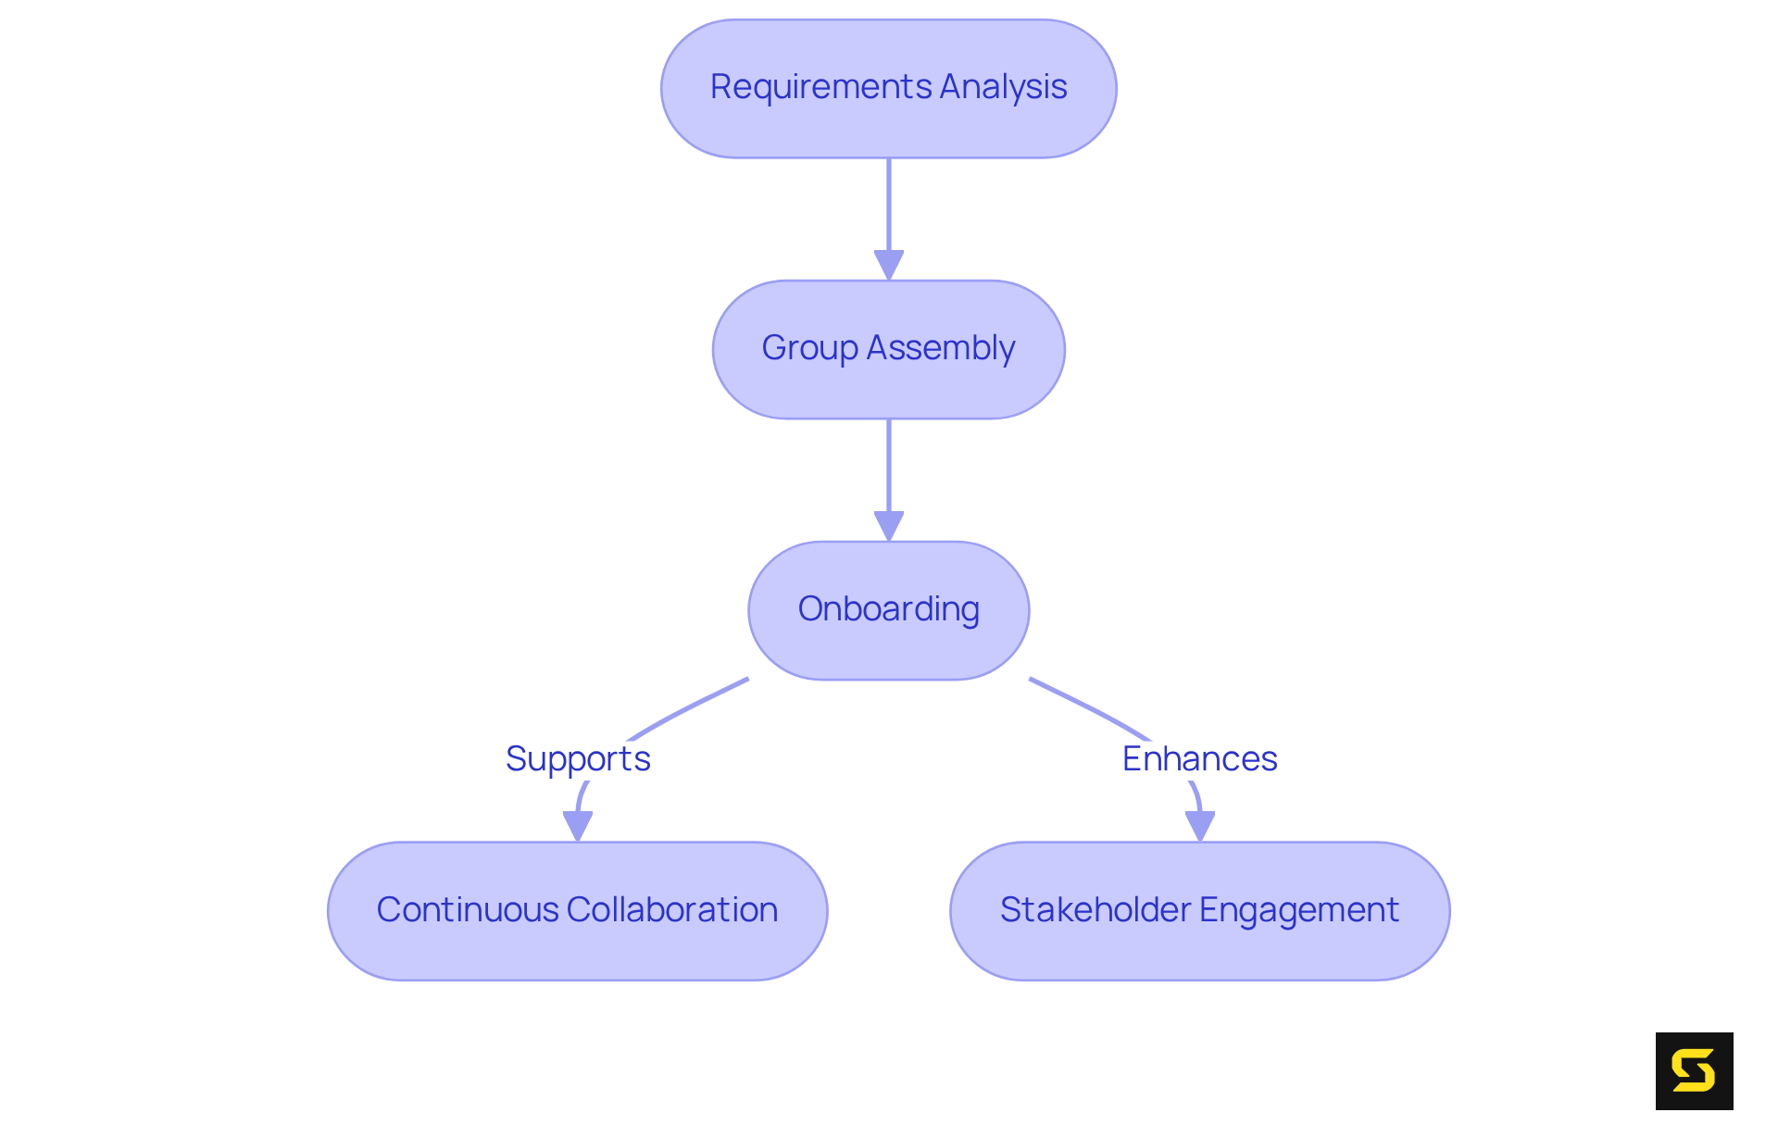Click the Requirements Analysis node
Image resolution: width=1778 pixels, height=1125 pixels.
(888, 89)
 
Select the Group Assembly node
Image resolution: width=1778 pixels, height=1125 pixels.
(888, 349)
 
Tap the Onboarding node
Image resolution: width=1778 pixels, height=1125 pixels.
(888, 610)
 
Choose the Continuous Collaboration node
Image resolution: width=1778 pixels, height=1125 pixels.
(577, 910)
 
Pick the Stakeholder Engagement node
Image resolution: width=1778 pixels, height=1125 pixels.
(1199, 910)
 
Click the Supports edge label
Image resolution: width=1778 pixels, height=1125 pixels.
(578, 759)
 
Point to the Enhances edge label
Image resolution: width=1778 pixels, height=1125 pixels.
(1199, 759)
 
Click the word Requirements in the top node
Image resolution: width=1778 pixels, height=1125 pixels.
(820, 87)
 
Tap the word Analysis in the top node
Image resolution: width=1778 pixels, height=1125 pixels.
(1003, 87)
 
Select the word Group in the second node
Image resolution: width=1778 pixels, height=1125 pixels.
(809, 349)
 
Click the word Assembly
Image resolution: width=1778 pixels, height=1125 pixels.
(941, 349)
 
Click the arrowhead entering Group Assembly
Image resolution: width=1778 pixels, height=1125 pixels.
(888, 265)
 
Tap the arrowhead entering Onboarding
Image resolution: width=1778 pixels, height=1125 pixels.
(888, 526)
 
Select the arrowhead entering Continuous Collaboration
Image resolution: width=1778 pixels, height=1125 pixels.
(578, 826)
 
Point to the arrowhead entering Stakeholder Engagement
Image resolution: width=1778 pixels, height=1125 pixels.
(1199, 826)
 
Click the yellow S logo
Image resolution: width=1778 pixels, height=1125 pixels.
(1694, 1071)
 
